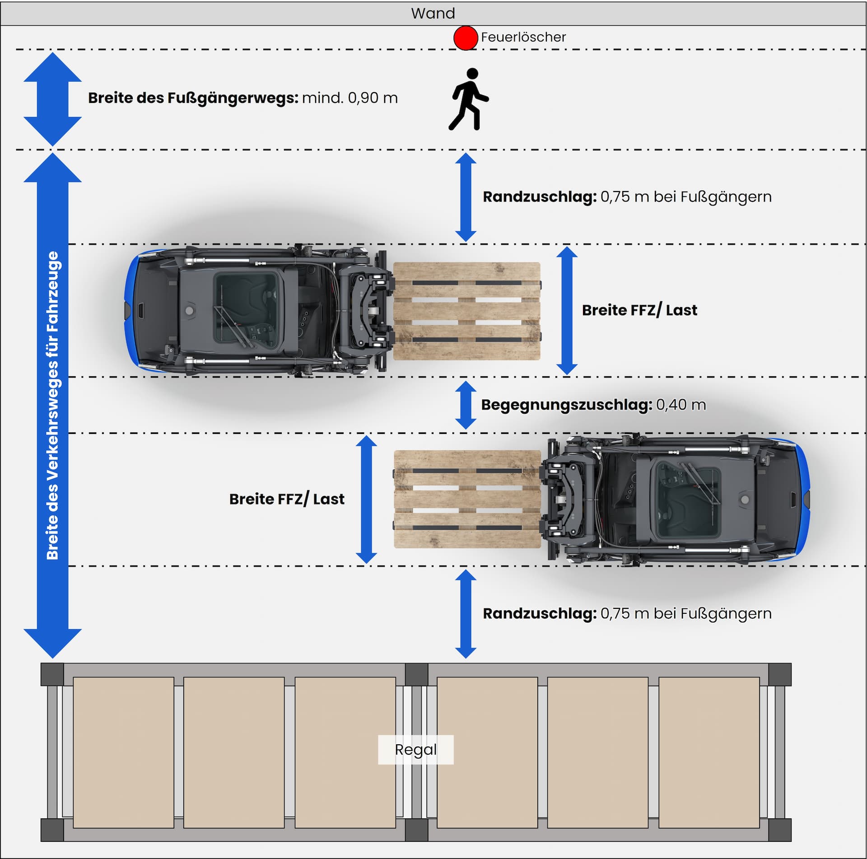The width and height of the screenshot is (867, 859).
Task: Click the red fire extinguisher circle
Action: pos(466,37)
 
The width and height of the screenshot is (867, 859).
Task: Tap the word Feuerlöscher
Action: pos(523,37)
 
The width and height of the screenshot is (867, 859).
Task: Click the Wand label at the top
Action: pos(433,13)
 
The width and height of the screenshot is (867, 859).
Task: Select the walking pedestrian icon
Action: pos(469,99)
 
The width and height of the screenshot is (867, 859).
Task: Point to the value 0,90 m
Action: pos(373,98)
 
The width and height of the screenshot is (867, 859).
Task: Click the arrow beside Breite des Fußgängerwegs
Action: pos(52,99)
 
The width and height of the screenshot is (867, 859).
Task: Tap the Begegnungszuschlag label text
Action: pos(566,405)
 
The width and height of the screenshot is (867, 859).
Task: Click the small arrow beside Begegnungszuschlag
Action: pos(466,405)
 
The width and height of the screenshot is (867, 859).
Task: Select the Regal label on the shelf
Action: pos(415,750)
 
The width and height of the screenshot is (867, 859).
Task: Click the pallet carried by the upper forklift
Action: pos(467,311)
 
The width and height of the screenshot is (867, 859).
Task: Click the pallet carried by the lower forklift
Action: pos(467,499)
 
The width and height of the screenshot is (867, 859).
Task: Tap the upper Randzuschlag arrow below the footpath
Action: pos(466,197)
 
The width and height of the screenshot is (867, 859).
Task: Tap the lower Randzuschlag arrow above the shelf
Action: pos(466,613)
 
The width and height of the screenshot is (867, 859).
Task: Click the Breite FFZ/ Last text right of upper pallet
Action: pos(639,310)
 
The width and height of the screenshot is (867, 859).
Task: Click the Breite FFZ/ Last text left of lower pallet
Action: pos(287,499)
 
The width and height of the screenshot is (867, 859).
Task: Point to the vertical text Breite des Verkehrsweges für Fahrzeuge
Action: pos(53,405)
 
